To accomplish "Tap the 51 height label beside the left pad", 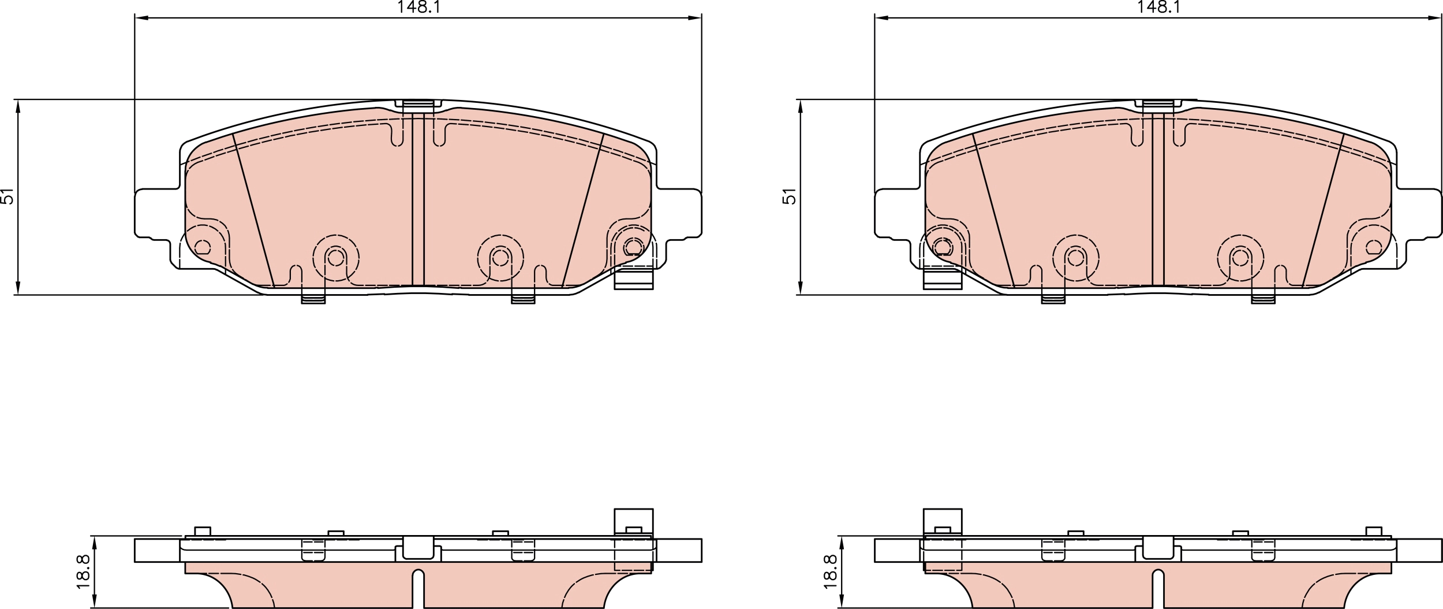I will click(7, 196).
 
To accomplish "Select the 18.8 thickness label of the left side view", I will click(84, 571).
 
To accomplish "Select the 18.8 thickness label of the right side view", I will click(830, 571).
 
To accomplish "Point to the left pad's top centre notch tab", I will click(418, 105).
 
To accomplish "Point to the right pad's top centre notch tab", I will click(1158, 105).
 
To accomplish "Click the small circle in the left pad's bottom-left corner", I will click(202, 247).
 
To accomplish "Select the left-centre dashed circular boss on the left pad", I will click(336, 258).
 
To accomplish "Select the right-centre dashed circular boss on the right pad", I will click(1240, 258).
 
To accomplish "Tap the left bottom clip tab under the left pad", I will click(313, 299).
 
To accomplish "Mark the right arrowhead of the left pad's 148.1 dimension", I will click(695, 18).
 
